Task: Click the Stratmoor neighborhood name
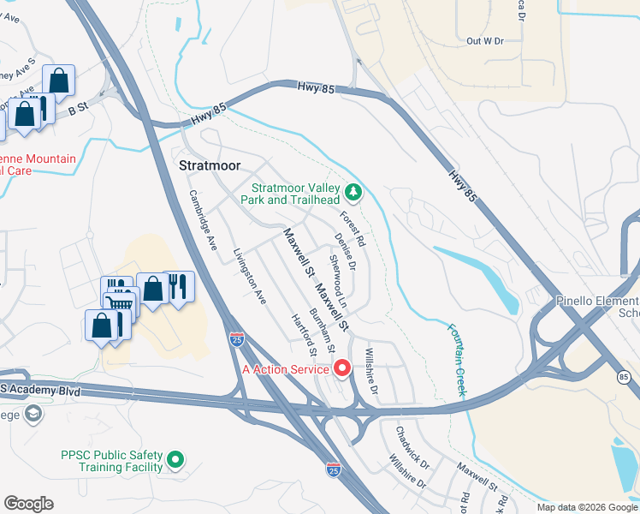[210, 164]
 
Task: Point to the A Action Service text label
[286, 369]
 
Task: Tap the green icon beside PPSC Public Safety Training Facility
[175, 460]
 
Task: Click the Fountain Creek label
[456, 359]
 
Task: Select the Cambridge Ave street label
[204, 219]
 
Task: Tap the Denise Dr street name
[345, 250]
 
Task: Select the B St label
[78, 108]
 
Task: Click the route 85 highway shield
[622, 376]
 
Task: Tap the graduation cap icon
[33, 415]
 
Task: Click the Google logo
[28, 504]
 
